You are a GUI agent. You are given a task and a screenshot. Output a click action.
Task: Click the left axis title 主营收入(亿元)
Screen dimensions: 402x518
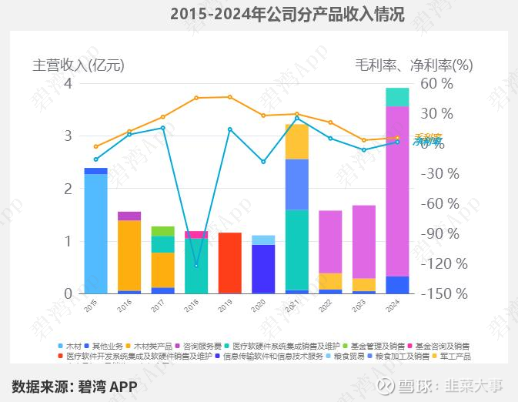(78, 65)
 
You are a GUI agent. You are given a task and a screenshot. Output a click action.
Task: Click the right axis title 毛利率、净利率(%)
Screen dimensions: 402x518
(413, 65)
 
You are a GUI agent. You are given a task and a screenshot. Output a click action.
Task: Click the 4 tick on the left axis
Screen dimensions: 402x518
(68, 83)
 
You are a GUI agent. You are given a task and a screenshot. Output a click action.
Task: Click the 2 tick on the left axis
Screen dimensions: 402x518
(68, 189)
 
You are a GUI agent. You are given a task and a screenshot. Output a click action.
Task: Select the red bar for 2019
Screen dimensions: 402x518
(230, 263)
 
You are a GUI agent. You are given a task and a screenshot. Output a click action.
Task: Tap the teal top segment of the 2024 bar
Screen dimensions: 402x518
(397, 97)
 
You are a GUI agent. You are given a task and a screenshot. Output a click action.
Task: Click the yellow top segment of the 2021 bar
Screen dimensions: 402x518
(297, 142)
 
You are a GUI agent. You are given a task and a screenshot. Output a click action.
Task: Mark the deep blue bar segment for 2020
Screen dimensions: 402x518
(263, 269)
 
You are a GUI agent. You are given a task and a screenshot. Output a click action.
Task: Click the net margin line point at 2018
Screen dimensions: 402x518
(196, 265)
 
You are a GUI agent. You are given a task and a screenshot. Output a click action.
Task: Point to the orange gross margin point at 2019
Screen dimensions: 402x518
(229, 97)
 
